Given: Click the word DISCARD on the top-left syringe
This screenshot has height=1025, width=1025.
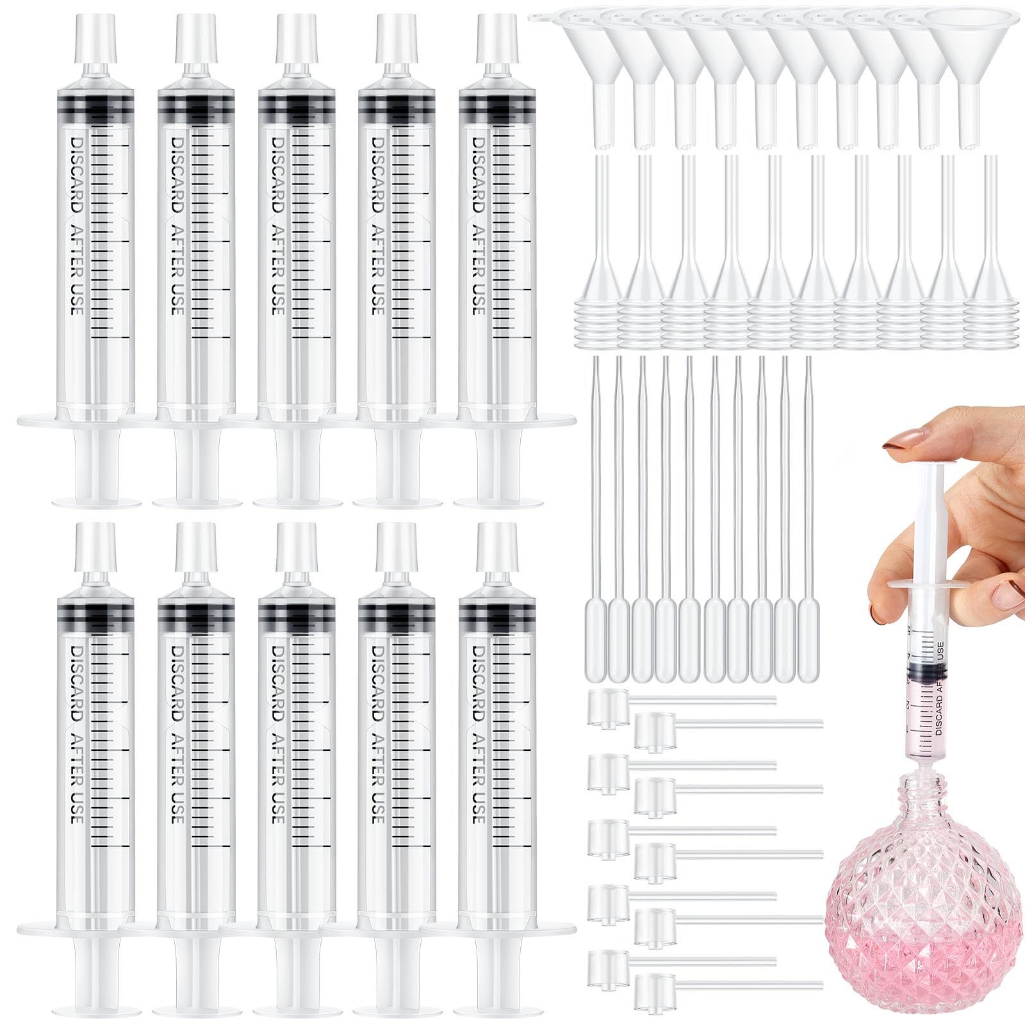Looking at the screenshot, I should [x=76, y=173].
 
